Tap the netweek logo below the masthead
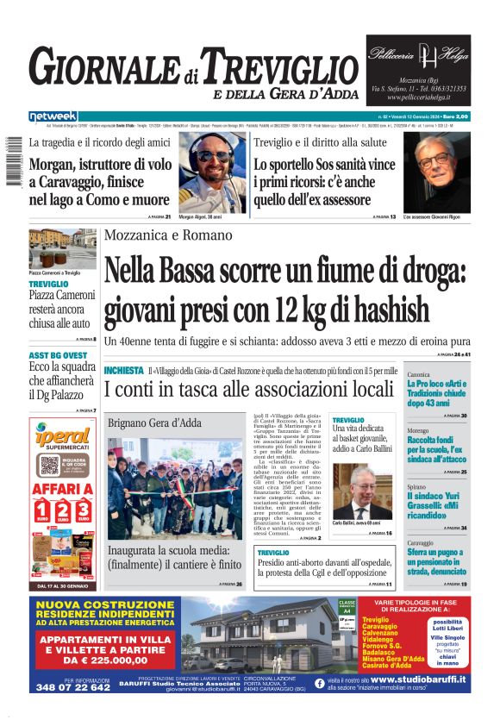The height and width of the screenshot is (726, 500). coord(53,116)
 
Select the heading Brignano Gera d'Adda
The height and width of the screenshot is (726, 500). coord(154,423)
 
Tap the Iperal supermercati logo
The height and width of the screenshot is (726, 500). coord(62,438)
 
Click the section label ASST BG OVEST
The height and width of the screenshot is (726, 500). coord(58,355)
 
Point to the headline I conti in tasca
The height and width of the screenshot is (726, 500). coord(247,390)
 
